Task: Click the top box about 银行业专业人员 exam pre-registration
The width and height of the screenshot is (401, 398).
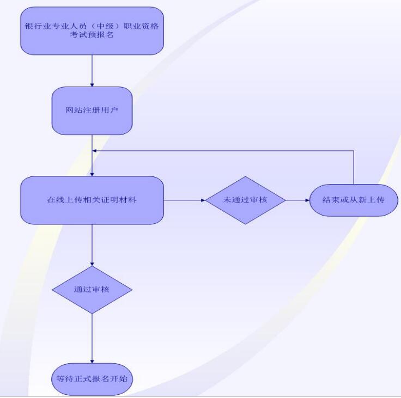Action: click(x=92, y=30)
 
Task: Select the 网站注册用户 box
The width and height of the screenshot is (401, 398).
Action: click(x=92, y=111)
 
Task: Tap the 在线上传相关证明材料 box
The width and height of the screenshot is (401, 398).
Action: click(x=92, y=200)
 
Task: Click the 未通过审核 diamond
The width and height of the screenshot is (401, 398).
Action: click(x=246, y=200)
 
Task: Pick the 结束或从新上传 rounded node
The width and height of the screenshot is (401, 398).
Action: click(x=354, y=200)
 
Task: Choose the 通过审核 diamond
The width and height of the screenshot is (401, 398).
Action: click(x=92, y=289)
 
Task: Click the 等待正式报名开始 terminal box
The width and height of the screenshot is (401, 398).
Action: click(x=92, y=378)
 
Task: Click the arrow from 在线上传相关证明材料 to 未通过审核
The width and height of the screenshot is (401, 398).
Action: click(x=184, y=200)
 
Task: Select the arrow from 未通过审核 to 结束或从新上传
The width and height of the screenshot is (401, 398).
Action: click(x=297, y=200)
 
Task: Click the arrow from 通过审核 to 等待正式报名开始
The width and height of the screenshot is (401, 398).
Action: click(x=92, y=338)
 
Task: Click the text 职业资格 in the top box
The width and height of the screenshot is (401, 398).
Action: click(x=142, y=26)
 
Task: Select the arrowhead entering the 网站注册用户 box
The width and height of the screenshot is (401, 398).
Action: click(x=92, y=84)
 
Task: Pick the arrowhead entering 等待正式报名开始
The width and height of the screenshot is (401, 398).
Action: click(x=92, y=361)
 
